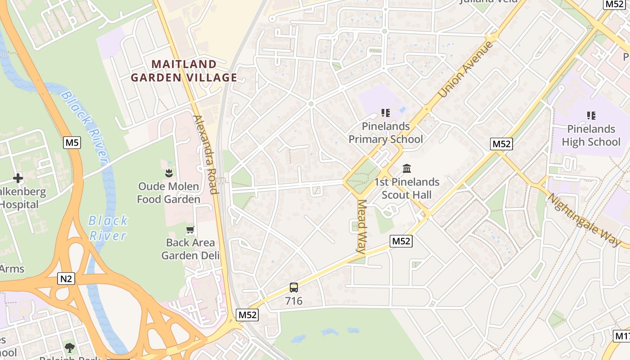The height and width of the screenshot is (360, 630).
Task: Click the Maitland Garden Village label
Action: click(184, 71)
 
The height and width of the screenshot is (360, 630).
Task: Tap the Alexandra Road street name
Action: click(206, 154)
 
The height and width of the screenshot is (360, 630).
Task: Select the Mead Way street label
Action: click(362, 226)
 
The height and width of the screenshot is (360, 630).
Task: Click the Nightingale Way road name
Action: click(584, 220)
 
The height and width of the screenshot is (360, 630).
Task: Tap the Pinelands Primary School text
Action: click(386, 133)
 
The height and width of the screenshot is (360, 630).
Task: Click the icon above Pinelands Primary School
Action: click(385, 113)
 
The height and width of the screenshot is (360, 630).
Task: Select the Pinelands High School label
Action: click(591, 135)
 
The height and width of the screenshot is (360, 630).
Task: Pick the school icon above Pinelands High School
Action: click(591, 116)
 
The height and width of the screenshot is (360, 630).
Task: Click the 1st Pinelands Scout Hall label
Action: click(407, 188)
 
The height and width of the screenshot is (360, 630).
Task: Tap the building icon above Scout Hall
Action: click(407, 168)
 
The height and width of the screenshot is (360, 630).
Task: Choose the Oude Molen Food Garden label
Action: click(169, 193)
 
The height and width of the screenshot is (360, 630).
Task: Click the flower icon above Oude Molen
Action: click(169, 173)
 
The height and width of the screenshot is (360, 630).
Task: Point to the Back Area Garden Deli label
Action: click(190, 249)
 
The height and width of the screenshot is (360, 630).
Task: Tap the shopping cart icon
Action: click(190, 230)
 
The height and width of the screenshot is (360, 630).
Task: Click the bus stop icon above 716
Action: click(293, 287)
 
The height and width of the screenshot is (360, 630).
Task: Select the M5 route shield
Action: click(72, 143)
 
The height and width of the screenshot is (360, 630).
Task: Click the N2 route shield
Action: click(66, 279)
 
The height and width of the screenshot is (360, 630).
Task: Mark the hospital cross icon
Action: click(18, 178)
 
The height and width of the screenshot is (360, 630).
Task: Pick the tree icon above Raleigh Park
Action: click(69, 347)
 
